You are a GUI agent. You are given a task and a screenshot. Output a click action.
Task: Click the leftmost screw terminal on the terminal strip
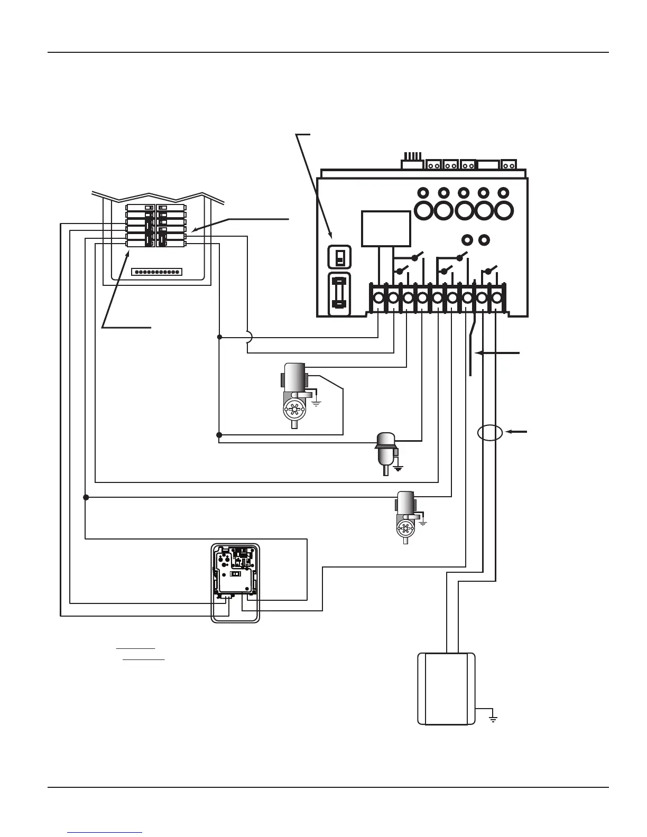pyautogui.click(x=378, y=299)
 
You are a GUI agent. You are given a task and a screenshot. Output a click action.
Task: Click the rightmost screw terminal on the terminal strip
pyautogui.click(x=497, y=299)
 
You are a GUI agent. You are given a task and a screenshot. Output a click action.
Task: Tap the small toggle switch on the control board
pyautogui.click(x=340, y=257)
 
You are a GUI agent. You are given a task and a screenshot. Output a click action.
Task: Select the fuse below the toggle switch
pyautogui.click(x=340, y=294)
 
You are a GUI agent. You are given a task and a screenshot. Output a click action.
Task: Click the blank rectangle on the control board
pyautogui.click(x=386, y=228)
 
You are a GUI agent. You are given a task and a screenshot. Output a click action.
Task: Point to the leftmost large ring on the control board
pyautogui.click(x=424, y=210)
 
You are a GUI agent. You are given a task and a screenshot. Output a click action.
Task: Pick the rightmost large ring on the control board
pyautogui.click(x=503, y=210)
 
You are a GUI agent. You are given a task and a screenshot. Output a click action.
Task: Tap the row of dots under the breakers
pyautogui.click(x=156, y=272)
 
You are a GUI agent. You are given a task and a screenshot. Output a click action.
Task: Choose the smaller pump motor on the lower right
pyautogui.click(x=405, y=515)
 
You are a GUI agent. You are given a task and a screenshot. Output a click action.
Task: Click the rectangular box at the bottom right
pyautogui.click(x=446, y=689)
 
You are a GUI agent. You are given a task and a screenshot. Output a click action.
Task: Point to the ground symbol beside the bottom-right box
pyautogui.click(x=493, y=718)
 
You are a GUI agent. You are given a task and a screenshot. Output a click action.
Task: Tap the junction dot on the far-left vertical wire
pyautogui.click(x=86, y=497)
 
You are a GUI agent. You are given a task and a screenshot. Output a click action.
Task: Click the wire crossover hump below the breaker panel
pyautogui.click(x=249, y=337)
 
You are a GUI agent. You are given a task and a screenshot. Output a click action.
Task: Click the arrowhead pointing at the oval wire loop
pyautogui.click(x=509, y=432)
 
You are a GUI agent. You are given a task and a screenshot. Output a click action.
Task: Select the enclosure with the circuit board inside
pyautogui.click(x=236, y=583)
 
